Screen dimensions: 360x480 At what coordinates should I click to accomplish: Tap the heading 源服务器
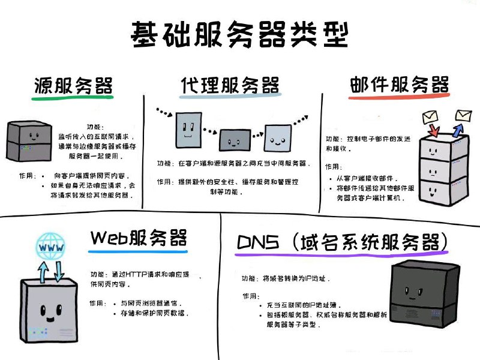(x=73, y=86)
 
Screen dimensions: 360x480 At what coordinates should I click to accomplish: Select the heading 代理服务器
(x=230, y=85)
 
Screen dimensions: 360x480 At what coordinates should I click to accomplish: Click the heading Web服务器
(x=139, y=238)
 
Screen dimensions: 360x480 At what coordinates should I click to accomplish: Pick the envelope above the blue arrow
(x=463, y=115)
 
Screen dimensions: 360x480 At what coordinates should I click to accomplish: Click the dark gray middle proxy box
(x=233, y=139)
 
